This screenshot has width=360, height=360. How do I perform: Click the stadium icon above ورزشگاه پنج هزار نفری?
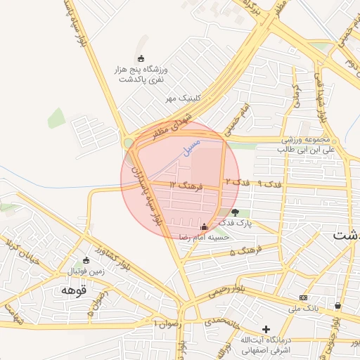click(x=141, y=58)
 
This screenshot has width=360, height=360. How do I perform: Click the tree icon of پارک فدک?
click(x=235, y=212)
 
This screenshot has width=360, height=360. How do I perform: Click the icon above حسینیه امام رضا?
click(x=205, y=227)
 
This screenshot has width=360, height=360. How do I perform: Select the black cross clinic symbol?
click(x=266, y=329)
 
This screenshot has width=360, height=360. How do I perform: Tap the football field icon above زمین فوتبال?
click(x=86, y=259)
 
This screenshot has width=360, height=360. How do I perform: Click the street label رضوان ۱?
click(x=167, y=323)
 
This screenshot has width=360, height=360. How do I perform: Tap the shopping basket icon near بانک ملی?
click(x=338, y=306)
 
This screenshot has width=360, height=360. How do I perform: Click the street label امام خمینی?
click(x=234, y=121)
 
